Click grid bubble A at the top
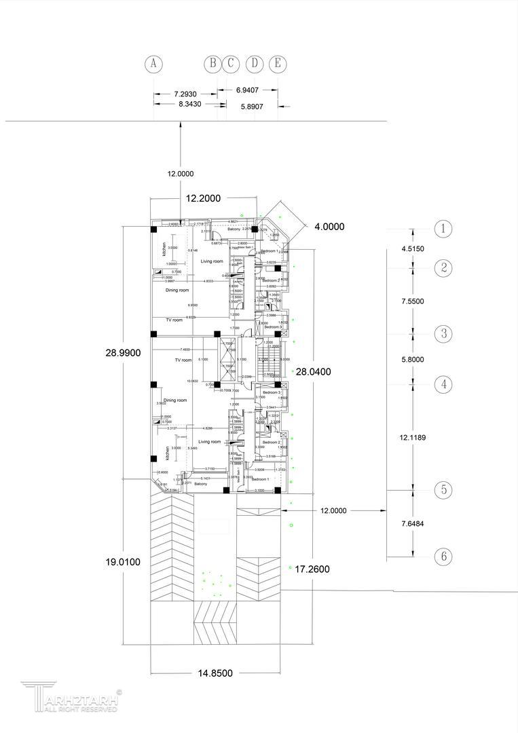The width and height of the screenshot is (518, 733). pos(154,64)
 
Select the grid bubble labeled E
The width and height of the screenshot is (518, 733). pos(277,64)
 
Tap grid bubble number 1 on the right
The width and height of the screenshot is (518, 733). pos(443,229)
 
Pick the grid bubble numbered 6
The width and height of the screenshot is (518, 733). pos(443,557)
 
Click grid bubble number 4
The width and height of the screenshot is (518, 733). pos(443,384)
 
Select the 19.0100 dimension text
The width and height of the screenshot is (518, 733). pos(123,561)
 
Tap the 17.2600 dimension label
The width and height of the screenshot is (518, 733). pos(312,569)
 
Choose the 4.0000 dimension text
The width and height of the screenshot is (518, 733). pos(329,227)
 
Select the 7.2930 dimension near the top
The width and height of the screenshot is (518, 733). pos(185,94)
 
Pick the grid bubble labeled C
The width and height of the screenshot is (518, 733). pos(231,64)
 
